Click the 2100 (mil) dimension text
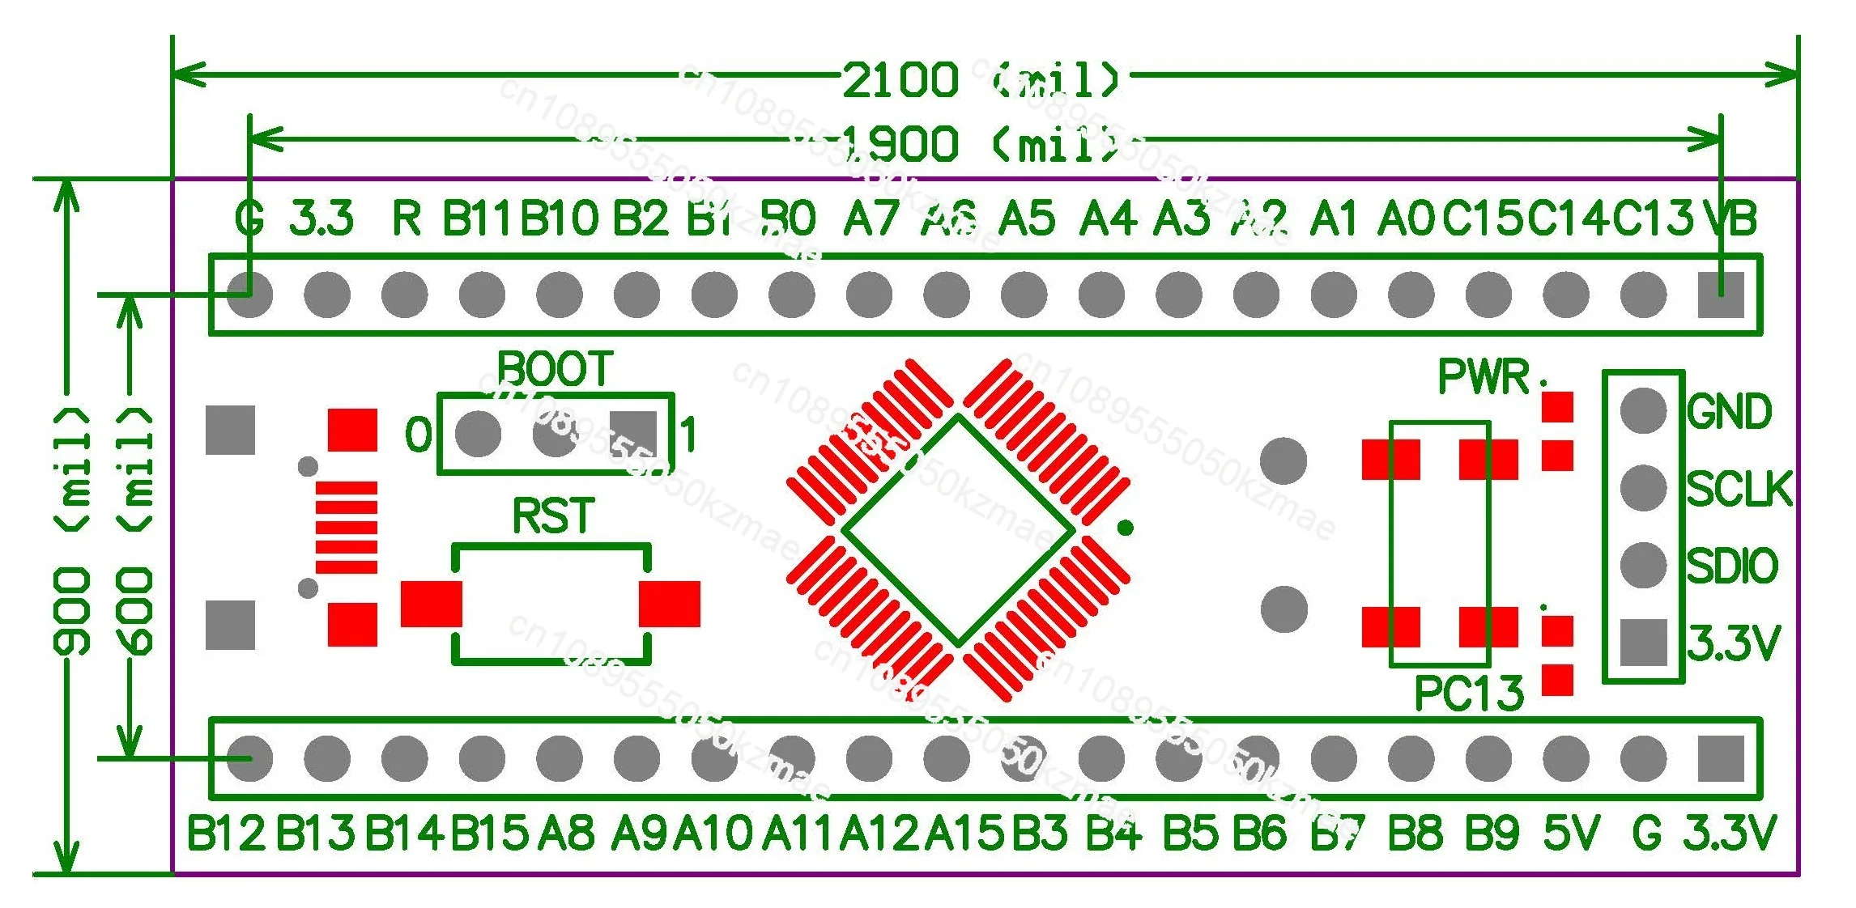pyautogui.click(x=980, y=79)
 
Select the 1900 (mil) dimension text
pyautogui.click(x=980, y=145)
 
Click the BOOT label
pyautogui.click(x=555, y=370)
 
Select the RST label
pyautogui.click(x=554, y=516)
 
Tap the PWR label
pyautogui.click(x=1484, y=377)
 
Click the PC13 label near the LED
pyautogui.click(x=1468, y=694)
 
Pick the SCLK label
pyautogui.click(x=1739, y=489)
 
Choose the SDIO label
pyautogui.click(x=1732, y=566)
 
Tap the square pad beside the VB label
pyautogui.click(x=1721, y=295)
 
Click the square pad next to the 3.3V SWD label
pyautogui.click(x=1643, y=643)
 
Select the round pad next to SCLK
pyautogui.click(x=1643, y=488)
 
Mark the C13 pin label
pyautogui.click(x=1653, y=219)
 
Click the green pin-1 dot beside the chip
pyautogui.click(x=1125, y=528)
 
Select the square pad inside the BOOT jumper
pyautogui.click(x=633, y=434)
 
